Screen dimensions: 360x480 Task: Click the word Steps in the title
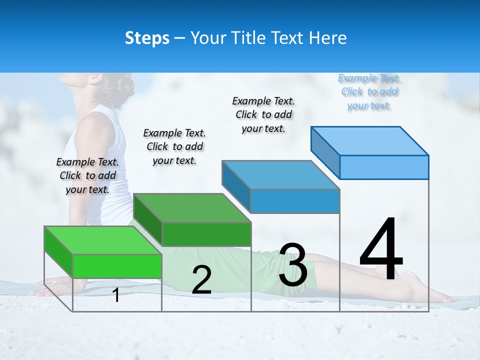coord(147,38)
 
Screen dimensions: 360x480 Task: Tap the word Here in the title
coord(327,38)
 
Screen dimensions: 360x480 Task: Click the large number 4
coord(381,250)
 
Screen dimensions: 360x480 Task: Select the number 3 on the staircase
coord(293,265)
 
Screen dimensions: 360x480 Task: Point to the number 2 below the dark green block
coord(201,280)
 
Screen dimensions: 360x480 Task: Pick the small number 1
coord(116,295)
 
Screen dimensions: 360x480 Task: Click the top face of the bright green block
coord(102,240)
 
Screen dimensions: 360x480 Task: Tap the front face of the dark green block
coord(206,234)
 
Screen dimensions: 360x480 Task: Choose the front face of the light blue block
coord(384,167)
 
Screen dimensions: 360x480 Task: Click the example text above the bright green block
coord(87,175)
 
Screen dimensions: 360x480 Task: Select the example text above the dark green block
coord(174,146)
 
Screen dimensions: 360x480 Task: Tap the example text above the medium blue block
coord(263,114)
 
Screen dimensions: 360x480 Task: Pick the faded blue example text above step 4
coord(369,91)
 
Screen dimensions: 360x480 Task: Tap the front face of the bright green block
coord(117,266)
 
